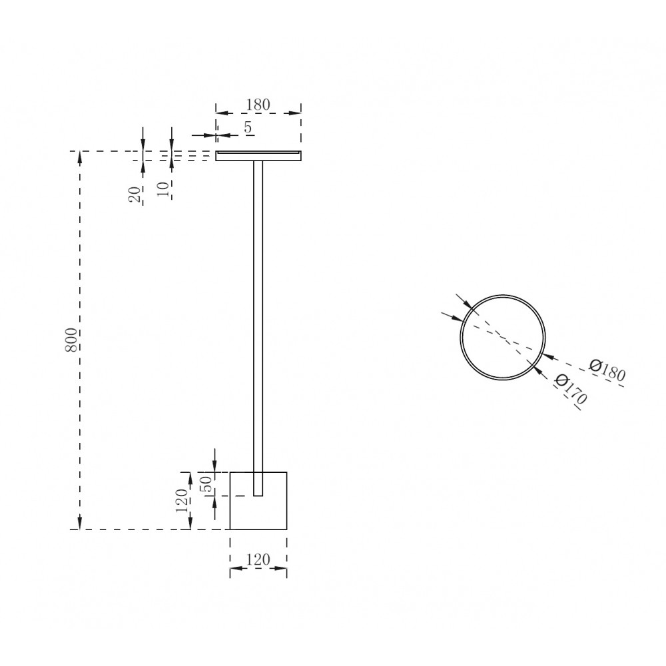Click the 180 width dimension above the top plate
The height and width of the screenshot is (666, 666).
tap(258, 105)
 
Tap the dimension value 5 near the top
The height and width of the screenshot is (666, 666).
tap(248, 127)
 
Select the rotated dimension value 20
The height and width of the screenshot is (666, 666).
tap(135, 194)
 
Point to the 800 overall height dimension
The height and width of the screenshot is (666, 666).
tap(71, 340)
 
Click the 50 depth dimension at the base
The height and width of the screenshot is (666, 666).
tap(206, 484)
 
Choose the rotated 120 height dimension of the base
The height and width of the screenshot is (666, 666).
tap(181, 500)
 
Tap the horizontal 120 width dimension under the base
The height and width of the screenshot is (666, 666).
tap(258, 560)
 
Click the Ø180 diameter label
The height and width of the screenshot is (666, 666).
tap(607, 370)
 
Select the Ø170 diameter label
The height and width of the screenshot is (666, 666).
tap(571, 389)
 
